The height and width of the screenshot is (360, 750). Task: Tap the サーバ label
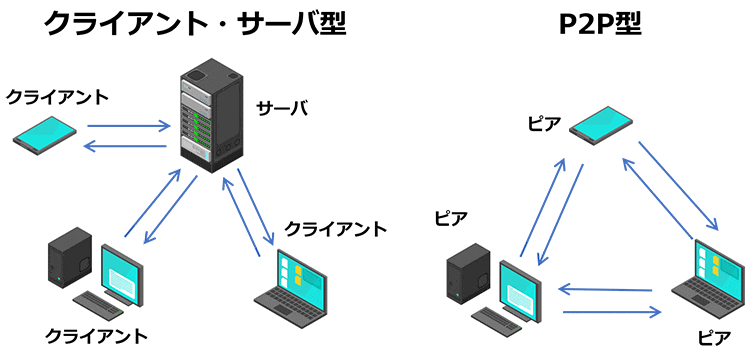pyautogui.click(x=281, y=108)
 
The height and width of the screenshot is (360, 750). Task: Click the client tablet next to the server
pyautogui.click(x=46, y=134)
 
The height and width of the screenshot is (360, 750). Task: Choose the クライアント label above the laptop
pyautogui.click(x=335, y=229)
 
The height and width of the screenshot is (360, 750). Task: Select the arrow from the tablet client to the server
pyautogui.click(x=128, y=127)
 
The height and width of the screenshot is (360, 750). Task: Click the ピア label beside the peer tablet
pyautogui.click(x=544, y=123)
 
